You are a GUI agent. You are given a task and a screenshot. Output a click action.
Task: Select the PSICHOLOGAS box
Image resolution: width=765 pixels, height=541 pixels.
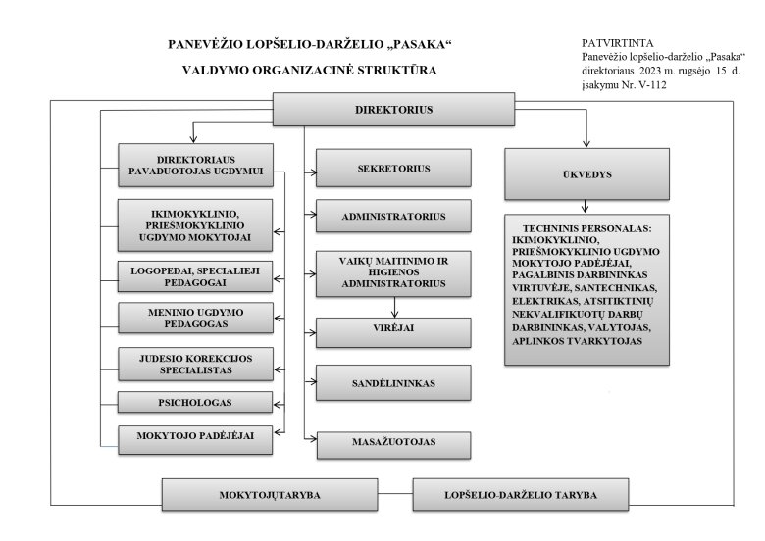tap(193, 401)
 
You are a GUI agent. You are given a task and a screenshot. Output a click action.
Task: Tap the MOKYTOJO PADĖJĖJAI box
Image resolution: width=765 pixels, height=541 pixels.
tap(193, 438)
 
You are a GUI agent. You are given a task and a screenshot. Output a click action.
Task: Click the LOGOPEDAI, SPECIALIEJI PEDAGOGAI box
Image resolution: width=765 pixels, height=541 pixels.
tap(193, 276)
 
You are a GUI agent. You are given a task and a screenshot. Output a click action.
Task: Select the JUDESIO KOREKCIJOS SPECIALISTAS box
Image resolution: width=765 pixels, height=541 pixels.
tap(193, 365)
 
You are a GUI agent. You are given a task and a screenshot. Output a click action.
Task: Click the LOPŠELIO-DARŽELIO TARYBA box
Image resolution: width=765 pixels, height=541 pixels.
tap(518, 494)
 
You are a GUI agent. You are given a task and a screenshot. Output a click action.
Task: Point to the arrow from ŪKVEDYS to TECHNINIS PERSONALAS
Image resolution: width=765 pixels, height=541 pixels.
tap(586, 206)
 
